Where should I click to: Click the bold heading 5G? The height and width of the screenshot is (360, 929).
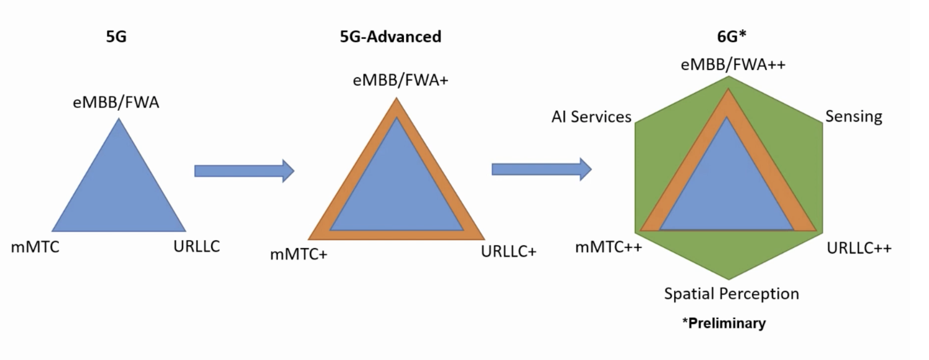click(x=116, y=37)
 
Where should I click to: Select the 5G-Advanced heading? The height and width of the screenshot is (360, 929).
click(x=391, y=37)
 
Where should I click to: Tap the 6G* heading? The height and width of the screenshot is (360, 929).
click(x=732, y=36)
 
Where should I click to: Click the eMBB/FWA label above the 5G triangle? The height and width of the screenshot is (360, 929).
click(x=116, y=103)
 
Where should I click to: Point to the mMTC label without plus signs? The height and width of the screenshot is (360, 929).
click(x=35, y=247)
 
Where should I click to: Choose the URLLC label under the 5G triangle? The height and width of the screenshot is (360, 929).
click(x=197, y=246)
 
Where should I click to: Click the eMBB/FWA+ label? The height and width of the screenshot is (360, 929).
click(x=401, y=80)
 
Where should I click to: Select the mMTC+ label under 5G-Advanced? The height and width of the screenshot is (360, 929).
click(x=299, y=254)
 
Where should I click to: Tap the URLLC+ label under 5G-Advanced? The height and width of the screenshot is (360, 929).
click(x=509, y=251)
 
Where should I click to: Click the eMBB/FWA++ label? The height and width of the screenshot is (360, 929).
click(x=734, y=65)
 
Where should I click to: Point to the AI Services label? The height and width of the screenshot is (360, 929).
click(x=591, y=117)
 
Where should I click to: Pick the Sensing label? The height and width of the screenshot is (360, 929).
click(x=854, y=116)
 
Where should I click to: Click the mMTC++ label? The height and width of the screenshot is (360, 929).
click(x=609, y=247)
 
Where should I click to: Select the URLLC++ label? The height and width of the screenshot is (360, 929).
click(x=859, y=248)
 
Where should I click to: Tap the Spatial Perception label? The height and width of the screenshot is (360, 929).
click(x=732, y=294)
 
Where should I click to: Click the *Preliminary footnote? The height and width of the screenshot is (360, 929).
click(x=724, y=323)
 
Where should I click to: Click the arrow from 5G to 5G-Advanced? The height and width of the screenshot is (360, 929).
click(x=244, y=171)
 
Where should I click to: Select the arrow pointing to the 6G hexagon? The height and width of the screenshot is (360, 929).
click(x=542, y=169)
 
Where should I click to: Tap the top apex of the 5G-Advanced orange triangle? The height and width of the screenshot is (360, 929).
click(x=396, y=98)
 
